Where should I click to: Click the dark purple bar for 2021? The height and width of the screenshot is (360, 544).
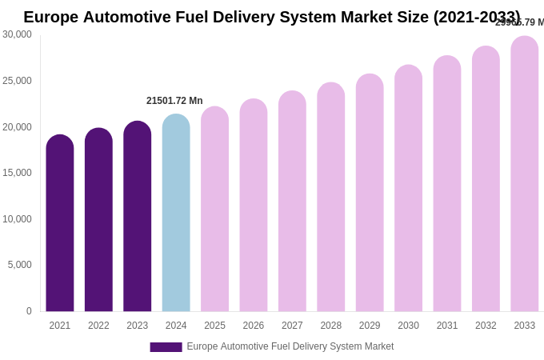pos(60,224)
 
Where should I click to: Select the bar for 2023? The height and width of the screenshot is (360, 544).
pos(137,218)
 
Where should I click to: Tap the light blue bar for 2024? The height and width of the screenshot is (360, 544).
pos(176,214)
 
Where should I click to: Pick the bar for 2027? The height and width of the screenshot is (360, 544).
pos(292,202)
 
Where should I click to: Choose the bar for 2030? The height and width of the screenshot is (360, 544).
pos(408,189)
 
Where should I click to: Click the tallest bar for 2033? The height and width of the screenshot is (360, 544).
pos(524,174)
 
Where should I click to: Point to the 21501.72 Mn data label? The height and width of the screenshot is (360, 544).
pos(174,101)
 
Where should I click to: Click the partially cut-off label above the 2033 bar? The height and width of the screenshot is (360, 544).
pos(519,22)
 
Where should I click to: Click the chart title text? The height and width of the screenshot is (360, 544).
pos(271,17)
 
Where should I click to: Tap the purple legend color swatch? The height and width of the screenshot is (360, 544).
pos(166,347)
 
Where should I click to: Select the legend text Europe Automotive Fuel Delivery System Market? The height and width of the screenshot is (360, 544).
pos(290,346)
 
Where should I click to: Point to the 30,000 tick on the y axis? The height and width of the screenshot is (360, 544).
pos(17,34)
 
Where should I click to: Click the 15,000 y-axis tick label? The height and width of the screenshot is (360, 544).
pos(17,173)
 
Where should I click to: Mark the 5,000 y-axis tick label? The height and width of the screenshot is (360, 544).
pos(20,265)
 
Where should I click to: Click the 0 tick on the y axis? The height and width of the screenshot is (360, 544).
pos(29,311)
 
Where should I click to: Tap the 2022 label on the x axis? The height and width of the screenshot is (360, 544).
pos(98,326)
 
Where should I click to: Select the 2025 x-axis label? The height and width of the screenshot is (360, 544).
pos(214,326)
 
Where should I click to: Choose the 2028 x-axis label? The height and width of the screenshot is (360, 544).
pos(330,326)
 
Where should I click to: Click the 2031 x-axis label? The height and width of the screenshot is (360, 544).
pos(446,326)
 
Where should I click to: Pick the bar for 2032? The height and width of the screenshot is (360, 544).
pos(486,179)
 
